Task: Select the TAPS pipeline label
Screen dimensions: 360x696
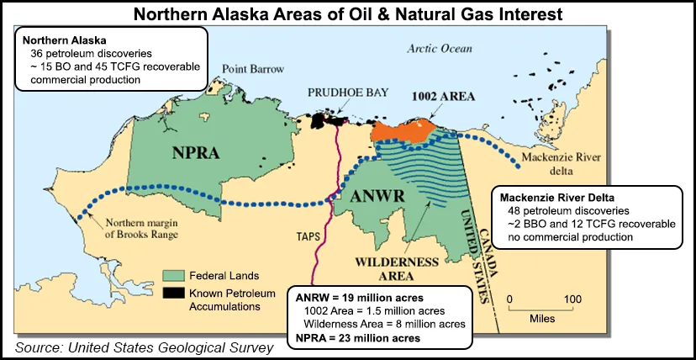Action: tap(307, 236)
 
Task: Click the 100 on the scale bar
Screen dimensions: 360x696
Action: tap(572, 299)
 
